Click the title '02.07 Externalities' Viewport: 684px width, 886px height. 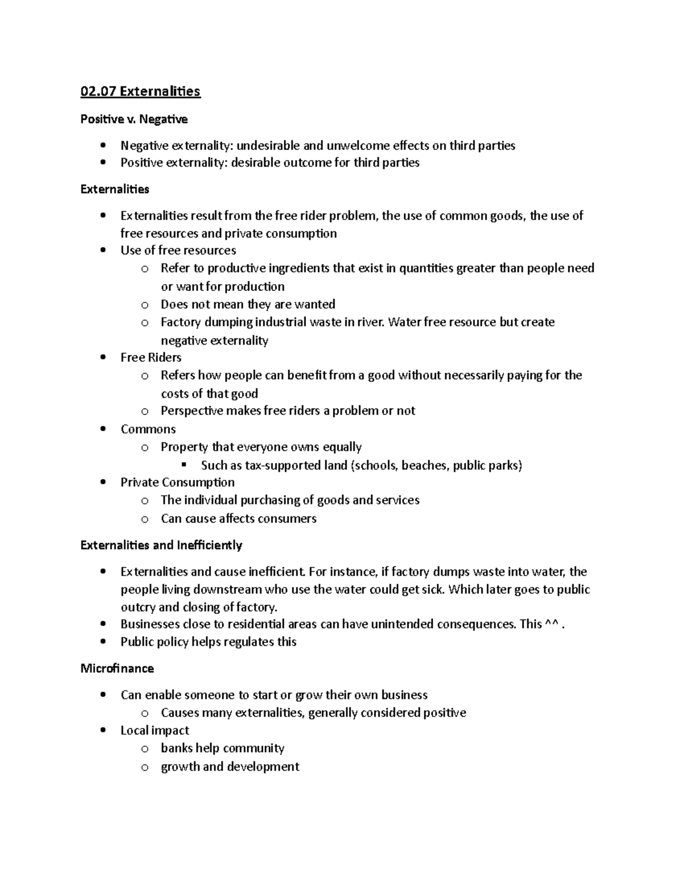(140, 91)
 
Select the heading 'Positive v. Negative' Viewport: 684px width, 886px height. (134, 119)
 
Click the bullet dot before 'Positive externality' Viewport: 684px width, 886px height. (103, 163)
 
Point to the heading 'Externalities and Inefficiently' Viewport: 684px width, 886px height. (161, 545)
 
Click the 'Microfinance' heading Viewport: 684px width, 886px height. (117, 668)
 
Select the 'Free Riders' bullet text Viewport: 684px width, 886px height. (150, 357)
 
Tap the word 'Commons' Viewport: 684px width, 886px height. (148, 429)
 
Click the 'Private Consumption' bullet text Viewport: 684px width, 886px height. (177, 482)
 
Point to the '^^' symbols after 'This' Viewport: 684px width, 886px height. (551, 624)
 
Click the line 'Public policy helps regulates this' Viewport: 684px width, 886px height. (208, 642)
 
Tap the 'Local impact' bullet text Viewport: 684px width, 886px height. (154, 730)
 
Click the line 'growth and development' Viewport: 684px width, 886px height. (230, 766)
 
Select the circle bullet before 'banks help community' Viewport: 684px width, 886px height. (145, 749)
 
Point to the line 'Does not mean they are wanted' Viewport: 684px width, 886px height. (247, 304)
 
